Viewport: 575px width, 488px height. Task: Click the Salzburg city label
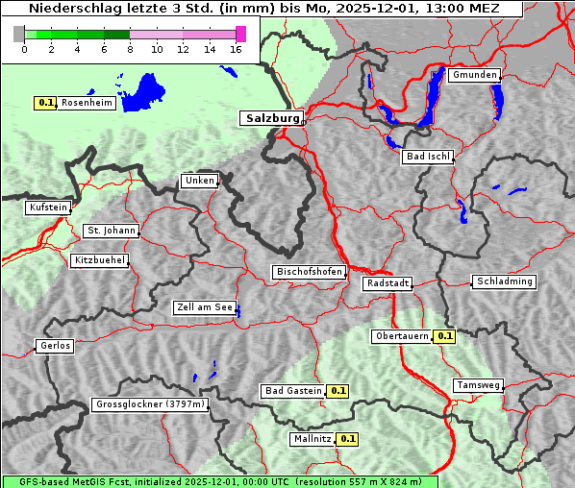point(270,118)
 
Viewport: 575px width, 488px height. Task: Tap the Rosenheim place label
point(87,102)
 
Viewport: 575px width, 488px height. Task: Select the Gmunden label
point(474,75)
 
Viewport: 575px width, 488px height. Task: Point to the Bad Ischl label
point(427,157)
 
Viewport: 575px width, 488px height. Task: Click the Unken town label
point(198,181)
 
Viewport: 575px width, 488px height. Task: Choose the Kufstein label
point(48,207)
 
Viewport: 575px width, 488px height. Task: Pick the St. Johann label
point(111,231)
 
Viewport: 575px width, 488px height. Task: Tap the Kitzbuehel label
point(99,260)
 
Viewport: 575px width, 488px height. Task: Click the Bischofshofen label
point(309,273)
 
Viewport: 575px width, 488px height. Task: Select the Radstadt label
point(387,283)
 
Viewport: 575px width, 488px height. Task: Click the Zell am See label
point(205,307)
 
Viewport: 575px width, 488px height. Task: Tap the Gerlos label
point(55,346)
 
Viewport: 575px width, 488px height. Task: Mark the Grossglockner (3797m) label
point(150,404)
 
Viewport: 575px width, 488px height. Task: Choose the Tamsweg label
point(478,385)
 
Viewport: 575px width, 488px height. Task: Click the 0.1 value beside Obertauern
point(444,336)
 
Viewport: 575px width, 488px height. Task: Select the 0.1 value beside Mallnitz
point(348,439)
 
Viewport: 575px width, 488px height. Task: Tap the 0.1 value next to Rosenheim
point(45,102)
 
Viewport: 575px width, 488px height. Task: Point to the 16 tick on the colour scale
point(237,49)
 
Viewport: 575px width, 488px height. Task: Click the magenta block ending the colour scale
point(240,34)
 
